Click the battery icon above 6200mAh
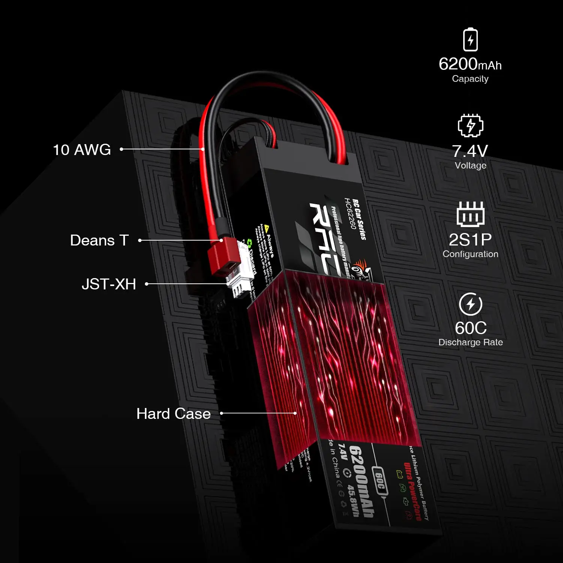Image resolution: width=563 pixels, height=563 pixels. [470, 39]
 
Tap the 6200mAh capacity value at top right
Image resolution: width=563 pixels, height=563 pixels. [470, 64]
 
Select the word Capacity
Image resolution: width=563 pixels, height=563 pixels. [470, 79]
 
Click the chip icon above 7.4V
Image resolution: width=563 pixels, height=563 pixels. [470, 125]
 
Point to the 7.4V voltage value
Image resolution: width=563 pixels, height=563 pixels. [470, 151]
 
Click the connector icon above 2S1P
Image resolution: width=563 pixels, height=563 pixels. [470, 214]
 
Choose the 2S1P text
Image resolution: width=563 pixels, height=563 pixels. [470, 239]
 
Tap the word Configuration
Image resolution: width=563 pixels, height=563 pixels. [470, 254]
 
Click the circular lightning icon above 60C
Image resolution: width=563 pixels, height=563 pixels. [471, 304]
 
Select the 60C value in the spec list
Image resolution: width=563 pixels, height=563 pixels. [471, 328]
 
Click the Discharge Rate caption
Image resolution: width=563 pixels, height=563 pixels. [471, 342]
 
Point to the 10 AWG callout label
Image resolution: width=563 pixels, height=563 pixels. [82, 150]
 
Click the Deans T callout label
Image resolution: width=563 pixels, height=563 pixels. [99, 240]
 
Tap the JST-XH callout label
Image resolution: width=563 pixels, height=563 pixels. [109, 284]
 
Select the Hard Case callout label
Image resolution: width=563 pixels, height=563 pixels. [173, 414]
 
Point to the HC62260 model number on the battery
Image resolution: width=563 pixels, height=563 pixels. [350, 214]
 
